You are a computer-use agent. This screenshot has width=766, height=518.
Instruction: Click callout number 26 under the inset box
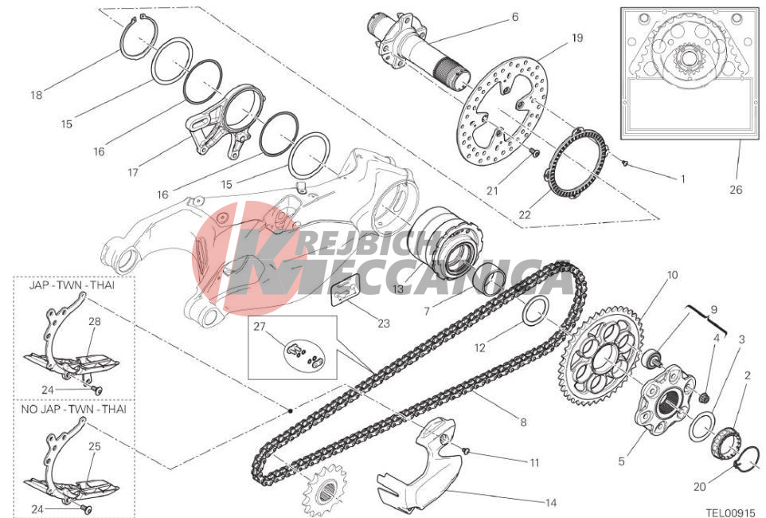coord(736,190)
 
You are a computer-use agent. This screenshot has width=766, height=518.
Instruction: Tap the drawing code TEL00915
coord(732,512)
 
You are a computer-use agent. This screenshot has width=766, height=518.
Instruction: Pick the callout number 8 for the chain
coord(523,422)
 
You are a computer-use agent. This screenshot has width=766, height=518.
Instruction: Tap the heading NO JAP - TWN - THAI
coord(74,409)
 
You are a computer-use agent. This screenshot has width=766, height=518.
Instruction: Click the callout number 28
coord(95,321)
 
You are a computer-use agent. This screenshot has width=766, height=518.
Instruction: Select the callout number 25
coord(95,446)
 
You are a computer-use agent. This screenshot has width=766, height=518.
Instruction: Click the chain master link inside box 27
coord(303,355)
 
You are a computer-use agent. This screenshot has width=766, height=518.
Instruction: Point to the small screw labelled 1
coord(625,163)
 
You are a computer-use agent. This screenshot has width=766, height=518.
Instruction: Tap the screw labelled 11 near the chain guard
coord(466,450)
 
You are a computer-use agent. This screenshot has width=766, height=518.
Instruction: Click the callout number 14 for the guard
coord(550,502)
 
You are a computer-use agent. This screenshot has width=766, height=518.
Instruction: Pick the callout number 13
coord(398,288)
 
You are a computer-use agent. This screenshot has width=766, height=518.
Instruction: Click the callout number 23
coord(384,323)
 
